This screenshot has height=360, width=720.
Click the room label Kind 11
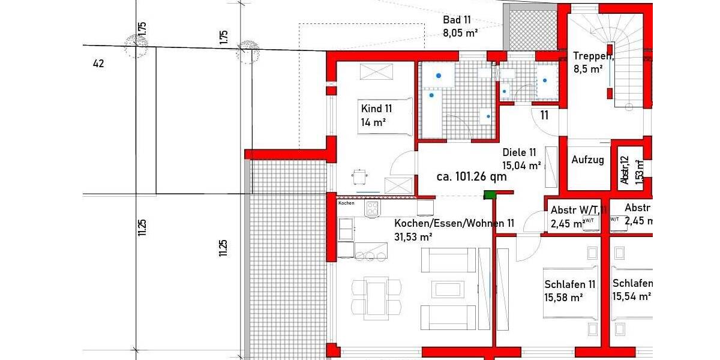[x=376, y=109]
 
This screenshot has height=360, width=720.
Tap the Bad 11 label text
[x=457, y=20]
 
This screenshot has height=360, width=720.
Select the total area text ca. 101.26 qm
[x=472, y=177]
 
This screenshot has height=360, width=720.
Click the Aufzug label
[x=587, y=160]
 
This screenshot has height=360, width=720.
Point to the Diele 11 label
[x=519, y=152]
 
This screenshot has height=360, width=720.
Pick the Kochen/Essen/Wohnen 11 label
[x=454, y=223]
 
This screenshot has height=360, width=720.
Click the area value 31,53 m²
[x=414, y=237]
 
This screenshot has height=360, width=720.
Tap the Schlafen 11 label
[x=570, y=284]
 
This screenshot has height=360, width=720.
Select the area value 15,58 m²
[x=563, y=296]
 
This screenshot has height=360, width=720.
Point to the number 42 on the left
[x=99, y=63]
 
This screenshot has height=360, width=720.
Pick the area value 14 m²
[x=373, y=122]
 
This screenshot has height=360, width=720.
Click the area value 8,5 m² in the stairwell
[x=588, y=69]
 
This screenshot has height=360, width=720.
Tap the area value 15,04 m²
[x=521, y=165]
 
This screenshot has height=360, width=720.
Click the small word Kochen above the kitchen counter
[x=347, y=203]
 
